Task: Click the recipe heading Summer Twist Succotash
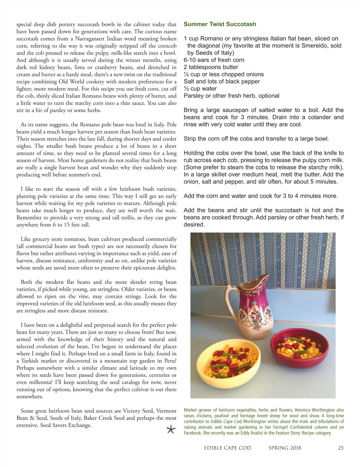click(220, 24)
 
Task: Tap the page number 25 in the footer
click(340, 448)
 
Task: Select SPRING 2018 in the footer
click(285, 448)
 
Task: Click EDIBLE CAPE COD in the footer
click(227, 448)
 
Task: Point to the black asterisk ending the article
click(171, 430)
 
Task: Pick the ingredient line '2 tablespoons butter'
click(211, 67)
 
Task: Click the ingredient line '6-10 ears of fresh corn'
click(214, 60)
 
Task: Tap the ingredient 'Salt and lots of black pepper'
click(222, 82)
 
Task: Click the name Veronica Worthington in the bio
click(314, 410)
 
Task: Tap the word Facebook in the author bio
click(192, 433)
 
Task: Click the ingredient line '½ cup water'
click(200, 89)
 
